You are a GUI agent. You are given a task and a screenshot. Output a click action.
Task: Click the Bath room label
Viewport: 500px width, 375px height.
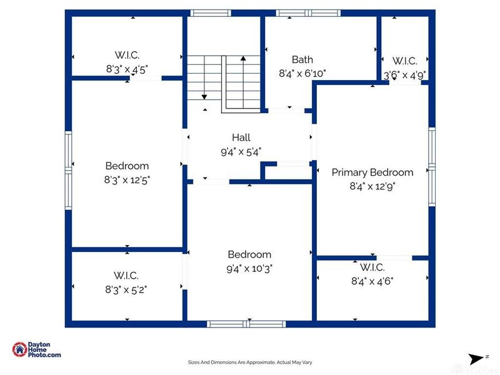click(302, 60)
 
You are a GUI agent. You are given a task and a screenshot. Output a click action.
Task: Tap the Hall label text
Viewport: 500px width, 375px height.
click(241, 137)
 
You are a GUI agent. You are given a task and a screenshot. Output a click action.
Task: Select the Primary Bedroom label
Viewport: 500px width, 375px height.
click(372, 172)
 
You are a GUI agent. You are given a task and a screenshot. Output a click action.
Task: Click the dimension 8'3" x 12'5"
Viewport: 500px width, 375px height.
click(127, 179)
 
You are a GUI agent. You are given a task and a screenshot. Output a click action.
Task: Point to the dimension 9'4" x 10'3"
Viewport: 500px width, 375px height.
click(249, 268)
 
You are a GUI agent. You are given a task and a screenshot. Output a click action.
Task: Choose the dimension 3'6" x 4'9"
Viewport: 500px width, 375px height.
click(404, 75)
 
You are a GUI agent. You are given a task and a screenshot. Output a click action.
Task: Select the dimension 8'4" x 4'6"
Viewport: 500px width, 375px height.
click(372, 281)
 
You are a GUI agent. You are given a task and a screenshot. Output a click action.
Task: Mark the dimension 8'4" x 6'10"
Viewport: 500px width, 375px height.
click(302, 73)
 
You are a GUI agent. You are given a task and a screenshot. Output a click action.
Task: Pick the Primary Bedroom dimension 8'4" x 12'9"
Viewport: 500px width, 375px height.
click(372, 186)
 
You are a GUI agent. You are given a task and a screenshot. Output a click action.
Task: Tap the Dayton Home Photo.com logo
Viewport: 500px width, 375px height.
click(37, 350)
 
